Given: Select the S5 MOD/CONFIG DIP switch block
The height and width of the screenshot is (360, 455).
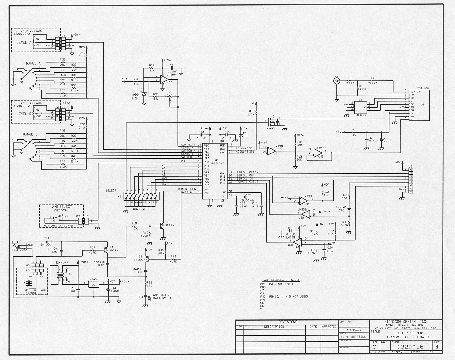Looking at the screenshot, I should click(x=141, y=198).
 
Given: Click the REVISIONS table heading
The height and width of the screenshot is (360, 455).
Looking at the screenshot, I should click(x=287, y=322).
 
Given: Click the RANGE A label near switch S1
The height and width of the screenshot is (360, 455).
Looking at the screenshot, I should click(x=31, y=63).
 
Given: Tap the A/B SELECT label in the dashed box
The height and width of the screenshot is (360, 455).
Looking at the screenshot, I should click(x=62, y=207).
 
